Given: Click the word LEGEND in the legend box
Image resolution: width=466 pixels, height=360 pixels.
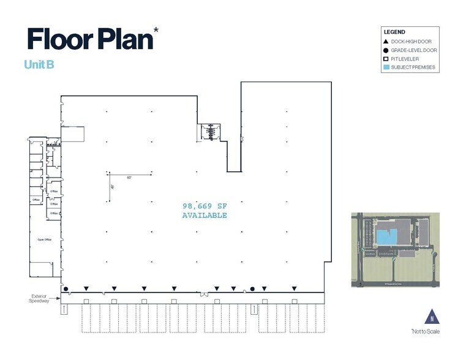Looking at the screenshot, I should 394,31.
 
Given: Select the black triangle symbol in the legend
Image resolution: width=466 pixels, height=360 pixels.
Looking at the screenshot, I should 386,40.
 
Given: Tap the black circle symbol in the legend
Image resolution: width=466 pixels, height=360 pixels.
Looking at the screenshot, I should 386,49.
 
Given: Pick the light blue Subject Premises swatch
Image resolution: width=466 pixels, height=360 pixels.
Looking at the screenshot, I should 386,67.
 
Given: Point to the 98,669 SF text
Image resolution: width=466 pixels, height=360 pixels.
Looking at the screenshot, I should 205,206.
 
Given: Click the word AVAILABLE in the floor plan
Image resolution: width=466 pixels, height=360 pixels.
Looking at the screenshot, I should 205,216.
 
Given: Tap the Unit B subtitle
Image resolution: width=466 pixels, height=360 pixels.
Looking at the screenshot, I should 39,64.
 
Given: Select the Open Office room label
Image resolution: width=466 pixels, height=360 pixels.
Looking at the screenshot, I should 44,239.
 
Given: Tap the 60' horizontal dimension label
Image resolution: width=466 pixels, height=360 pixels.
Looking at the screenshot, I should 130,177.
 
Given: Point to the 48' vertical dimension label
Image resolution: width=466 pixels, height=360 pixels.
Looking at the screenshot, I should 112,187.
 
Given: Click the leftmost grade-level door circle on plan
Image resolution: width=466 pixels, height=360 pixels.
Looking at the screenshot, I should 66,288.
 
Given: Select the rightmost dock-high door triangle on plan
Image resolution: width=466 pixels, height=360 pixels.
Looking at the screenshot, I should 295,288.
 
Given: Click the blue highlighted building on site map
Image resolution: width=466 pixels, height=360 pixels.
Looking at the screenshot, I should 386,236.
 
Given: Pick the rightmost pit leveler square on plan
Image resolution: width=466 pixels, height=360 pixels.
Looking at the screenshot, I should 295,301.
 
